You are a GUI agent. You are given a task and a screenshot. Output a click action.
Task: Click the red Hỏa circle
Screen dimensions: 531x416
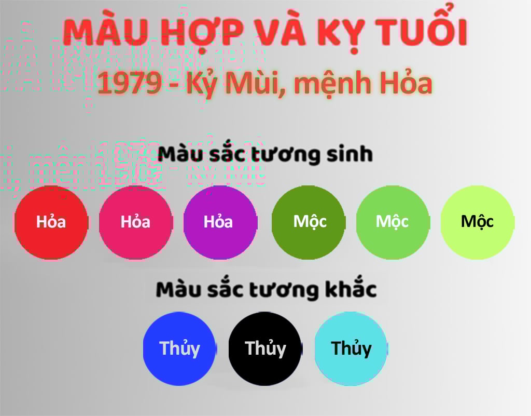tap(51, 222)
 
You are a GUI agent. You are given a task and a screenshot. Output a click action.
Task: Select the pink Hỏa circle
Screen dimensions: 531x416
tap(135, 222)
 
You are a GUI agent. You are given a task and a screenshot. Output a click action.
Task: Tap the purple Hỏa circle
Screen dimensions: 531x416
tap(220, 222)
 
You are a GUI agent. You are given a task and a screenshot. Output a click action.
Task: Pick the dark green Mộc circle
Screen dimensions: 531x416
tap(309, 222)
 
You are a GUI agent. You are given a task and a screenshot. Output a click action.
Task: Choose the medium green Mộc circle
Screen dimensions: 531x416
tap(393, 222)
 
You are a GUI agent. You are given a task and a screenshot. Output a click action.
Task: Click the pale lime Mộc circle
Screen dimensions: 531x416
tap(478, 222)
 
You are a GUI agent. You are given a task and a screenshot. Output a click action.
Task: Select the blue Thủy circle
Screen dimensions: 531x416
tap(179, 349)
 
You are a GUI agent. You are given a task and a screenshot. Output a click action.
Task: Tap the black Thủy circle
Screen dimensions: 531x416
tap(265, 349)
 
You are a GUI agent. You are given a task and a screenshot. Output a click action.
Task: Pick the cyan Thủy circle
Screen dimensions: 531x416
tap(351, 349)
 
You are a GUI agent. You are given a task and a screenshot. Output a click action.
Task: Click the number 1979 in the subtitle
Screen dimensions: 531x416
tap(130, 83)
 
